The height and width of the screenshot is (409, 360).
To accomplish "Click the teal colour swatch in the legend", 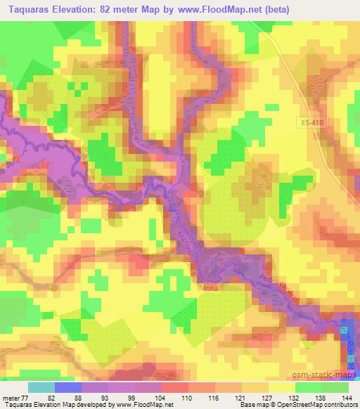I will (x=42, y=387).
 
